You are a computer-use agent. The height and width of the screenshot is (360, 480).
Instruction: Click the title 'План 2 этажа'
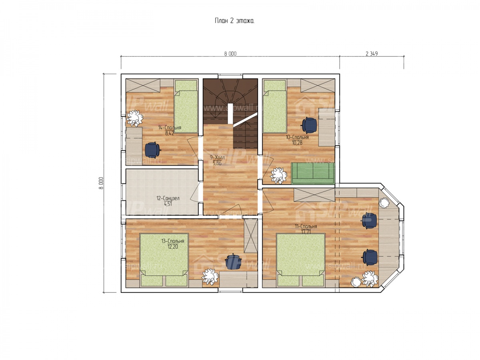(234, 21)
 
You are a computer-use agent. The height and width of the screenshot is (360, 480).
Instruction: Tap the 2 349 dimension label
(372, 54)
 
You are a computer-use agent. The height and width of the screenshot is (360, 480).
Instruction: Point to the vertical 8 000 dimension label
(101, 183)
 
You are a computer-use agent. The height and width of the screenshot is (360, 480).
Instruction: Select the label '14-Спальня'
(170, 128)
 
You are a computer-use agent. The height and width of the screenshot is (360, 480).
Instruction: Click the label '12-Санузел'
(168, 198)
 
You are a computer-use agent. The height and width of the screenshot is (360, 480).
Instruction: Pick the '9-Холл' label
(217, 157)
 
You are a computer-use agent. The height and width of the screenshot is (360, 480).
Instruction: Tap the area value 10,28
(297, 143)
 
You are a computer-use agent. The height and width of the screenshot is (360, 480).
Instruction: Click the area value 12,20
(172, 247)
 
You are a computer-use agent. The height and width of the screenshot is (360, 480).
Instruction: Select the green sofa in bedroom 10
(312, 173)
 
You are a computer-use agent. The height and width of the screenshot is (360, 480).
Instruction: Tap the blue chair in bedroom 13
(233, 262)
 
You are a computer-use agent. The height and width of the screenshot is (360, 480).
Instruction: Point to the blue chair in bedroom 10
(309, 125)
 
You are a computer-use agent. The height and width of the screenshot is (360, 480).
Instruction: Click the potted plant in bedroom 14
(135, 118)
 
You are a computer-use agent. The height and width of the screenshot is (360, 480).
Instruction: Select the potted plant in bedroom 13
(210, 277)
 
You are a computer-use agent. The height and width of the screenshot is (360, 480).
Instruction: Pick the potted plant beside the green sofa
(278, 176)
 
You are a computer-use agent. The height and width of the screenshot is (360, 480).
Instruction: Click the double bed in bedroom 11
(300, 260)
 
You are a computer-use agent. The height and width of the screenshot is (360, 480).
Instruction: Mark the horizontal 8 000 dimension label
(230, 54)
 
